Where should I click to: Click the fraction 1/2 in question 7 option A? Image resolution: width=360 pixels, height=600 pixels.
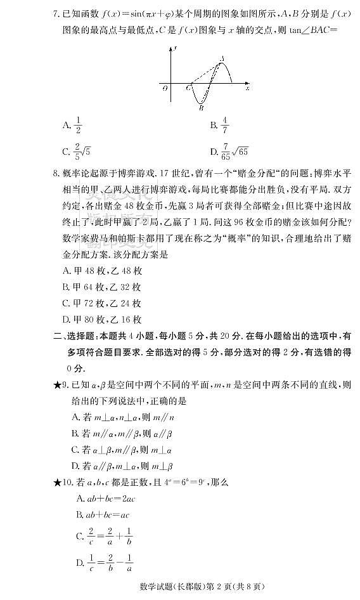(79, 126)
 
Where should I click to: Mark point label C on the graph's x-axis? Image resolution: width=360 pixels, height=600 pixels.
(188, 88)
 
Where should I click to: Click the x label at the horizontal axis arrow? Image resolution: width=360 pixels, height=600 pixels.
(247, 88)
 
